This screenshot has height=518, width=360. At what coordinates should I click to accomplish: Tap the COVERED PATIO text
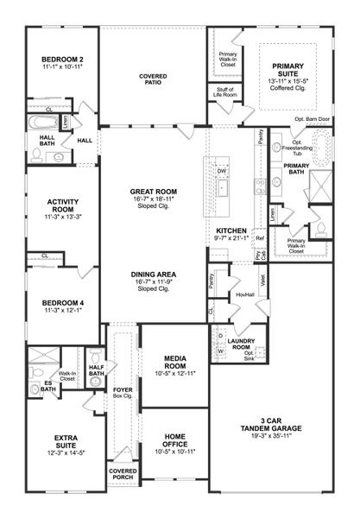(x=152, y=80)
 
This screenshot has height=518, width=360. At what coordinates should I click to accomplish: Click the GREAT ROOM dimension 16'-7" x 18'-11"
(x=153, y=199)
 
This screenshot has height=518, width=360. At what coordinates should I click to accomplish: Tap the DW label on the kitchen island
(x=222, y=171)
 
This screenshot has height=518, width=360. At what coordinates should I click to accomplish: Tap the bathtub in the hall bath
(x=39, y=123)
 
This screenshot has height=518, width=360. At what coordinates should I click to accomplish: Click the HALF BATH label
(x=96, y=370)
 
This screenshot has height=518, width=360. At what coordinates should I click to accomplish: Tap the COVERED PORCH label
(x=123, y=475)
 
